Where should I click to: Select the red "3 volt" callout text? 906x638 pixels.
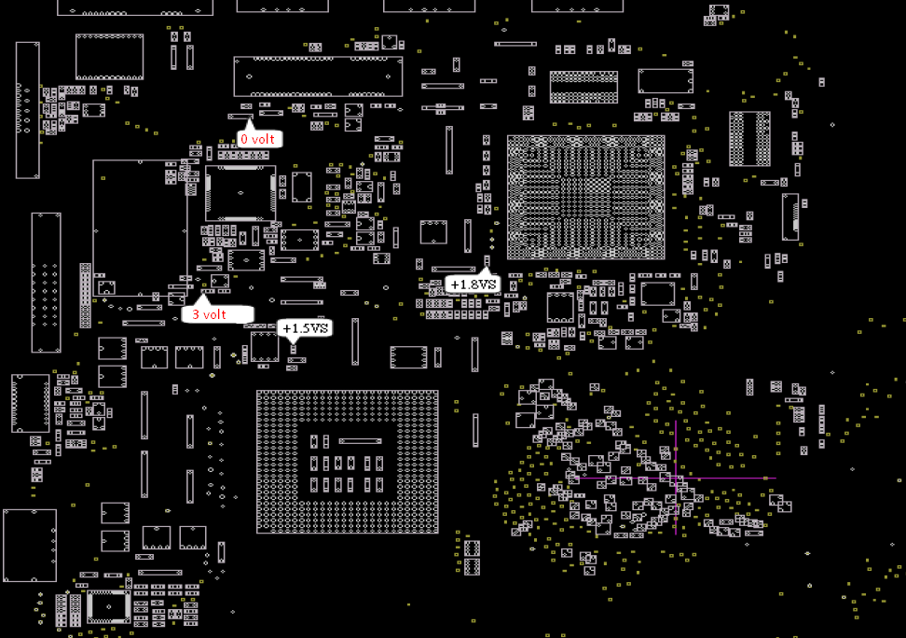pos(210,314)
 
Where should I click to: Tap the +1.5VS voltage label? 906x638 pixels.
pos(306,328)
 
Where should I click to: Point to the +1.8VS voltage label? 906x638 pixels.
pos(473,284)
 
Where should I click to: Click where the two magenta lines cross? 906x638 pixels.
pos(675,478)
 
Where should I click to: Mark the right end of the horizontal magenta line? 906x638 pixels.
pos(775,478)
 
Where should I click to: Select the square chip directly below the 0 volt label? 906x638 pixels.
pos(240,193)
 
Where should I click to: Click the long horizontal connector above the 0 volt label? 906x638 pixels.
pos(318,76)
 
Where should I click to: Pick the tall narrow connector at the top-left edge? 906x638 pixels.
pos(28,110)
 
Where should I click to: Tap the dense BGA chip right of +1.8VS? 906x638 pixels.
pos(585,197)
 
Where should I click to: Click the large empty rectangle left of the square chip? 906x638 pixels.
pos(140,229)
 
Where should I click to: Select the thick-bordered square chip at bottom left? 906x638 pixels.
pos(109,606)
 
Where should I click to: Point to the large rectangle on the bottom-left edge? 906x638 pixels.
pos(30,546)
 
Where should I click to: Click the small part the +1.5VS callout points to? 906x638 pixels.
pos(293,349)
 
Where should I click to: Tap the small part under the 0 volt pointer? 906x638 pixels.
pos(246,118)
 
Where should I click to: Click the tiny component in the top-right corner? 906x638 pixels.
pos(717,13)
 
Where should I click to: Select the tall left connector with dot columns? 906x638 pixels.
pos(46,283)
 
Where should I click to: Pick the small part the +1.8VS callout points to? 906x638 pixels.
pos(487,260)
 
